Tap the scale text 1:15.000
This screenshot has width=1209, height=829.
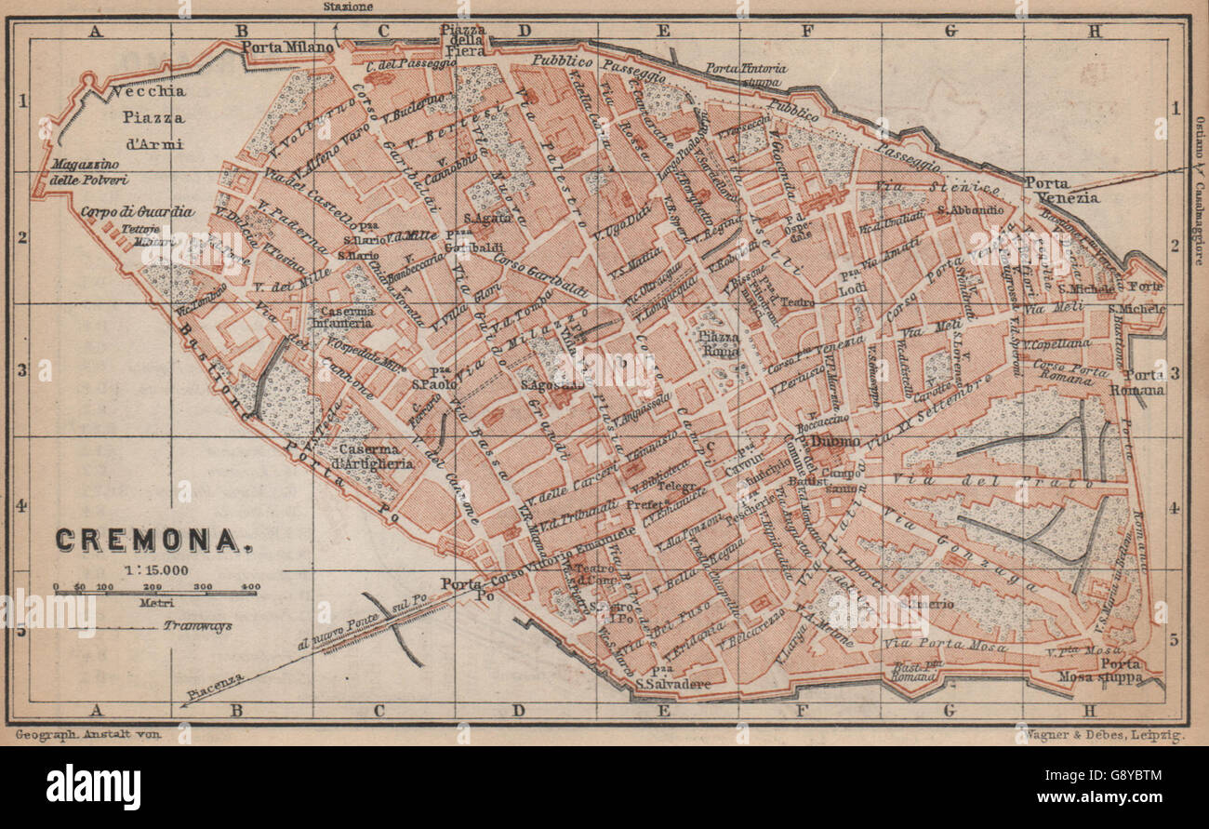coord(155,569)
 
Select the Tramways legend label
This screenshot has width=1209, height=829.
coord(197,626)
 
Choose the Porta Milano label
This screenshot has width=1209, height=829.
coord(287,47)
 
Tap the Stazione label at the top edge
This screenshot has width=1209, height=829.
coord(349,7)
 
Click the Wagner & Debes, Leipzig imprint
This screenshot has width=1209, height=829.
coord(1104,735)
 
